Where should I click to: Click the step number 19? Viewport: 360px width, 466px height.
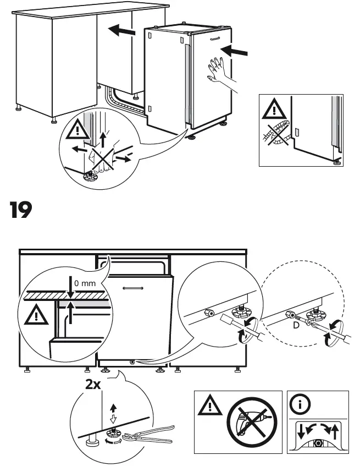(x=21, y=210)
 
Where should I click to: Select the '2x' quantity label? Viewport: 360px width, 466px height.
(x=93, y=385)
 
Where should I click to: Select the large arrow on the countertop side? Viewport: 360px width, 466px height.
(x=121, y=31)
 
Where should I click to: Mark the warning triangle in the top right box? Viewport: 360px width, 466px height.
(x=273, y=109)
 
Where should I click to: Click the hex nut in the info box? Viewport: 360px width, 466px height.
(x=318, y=443)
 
